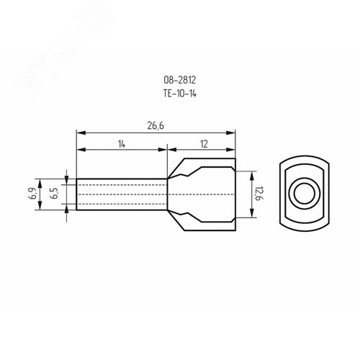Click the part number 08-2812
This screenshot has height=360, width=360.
point(180,80)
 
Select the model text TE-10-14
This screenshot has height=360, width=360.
point(180,94)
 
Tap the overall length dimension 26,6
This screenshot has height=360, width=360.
point(156,126)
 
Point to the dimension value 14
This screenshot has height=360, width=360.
point(122,144)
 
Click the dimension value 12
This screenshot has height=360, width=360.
point(204,144)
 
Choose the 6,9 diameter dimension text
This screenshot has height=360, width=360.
point(33,194)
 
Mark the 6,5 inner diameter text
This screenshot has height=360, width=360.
point(54,194)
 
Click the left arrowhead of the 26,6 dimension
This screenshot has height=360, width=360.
point(81,133)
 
